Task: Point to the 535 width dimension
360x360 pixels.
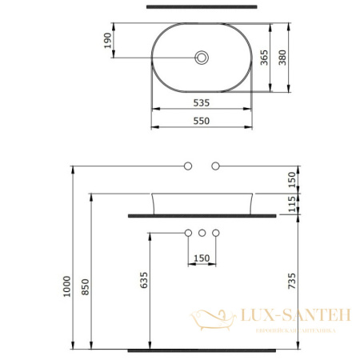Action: [x=201, y=102]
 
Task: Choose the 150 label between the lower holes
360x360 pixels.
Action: [x=202, y=258]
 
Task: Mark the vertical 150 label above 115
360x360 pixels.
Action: [x=292, y=180]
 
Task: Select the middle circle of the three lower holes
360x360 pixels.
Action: [x=202, y=233]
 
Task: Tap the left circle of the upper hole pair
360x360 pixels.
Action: [x=188, y=166]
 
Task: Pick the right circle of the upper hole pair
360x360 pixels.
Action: [x=215, y=166]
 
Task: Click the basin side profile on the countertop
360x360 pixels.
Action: [x=202, y=202]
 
